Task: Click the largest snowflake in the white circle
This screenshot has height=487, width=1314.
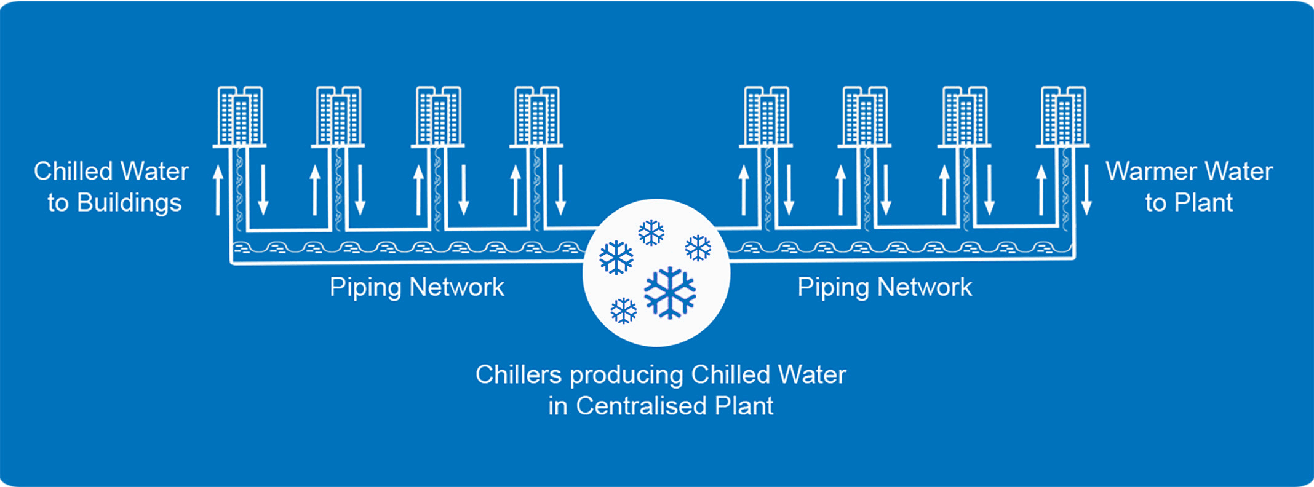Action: pos(670,293)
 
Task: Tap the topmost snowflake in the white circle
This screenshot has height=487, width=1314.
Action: pos(651,232)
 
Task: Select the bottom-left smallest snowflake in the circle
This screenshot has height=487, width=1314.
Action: pos(623,311)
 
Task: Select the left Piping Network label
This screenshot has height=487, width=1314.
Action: pos(416,287)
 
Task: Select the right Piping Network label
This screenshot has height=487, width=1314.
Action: pos(884,287)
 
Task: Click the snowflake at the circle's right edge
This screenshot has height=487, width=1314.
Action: pos(698,248)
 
